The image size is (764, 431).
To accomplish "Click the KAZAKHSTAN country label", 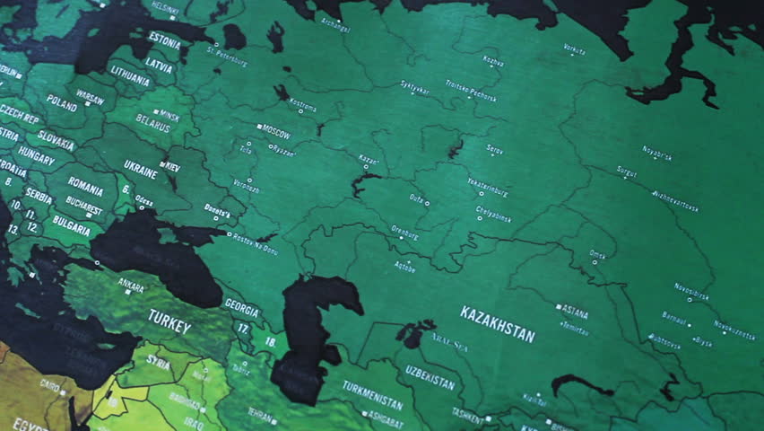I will coord(498,324).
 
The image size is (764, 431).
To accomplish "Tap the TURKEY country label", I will coord(169,321).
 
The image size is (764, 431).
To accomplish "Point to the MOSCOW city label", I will coord(275,131).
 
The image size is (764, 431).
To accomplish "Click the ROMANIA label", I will coord(85,186).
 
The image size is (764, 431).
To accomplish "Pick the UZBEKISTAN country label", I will coord(430,377).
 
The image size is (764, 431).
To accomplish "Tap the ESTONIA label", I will coord(164,40).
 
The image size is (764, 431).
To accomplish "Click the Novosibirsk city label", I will coord(691,289).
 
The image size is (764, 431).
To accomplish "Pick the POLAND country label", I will coord(62,103).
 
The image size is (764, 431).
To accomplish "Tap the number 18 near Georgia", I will coord(269,341).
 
